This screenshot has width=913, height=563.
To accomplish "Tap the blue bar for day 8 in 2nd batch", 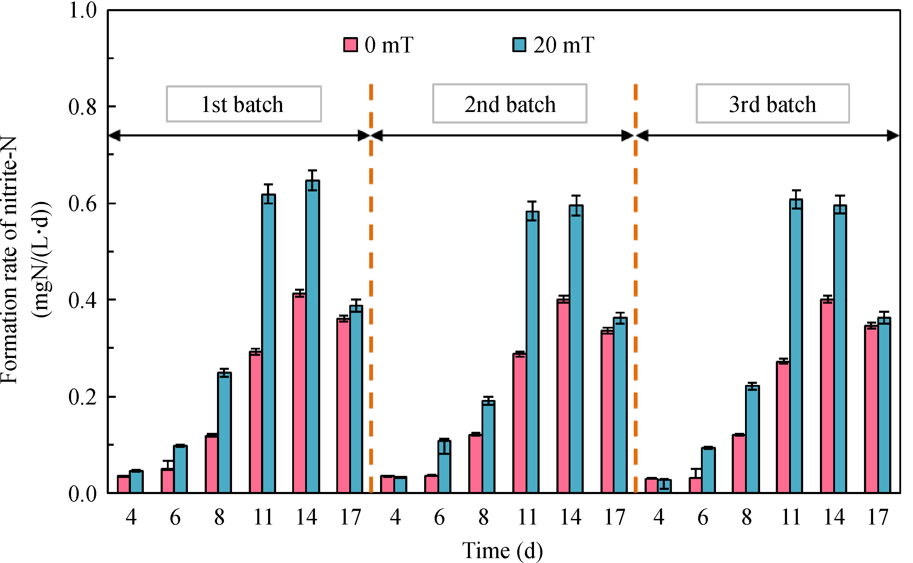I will click(488, 446).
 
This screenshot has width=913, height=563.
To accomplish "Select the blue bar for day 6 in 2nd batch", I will click(444, 466).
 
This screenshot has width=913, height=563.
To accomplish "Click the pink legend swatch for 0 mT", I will click(350, 45).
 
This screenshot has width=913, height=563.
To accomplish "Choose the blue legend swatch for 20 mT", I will click(519, 45).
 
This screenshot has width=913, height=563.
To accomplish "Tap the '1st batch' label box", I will click(244, 104).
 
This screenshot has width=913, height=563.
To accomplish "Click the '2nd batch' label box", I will click(510, 104).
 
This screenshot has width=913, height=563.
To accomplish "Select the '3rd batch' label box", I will click(772, 104).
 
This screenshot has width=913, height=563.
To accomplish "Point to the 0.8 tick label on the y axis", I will click(82, 106).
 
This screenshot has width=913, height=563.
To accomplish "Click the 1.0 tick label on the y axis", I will click(82, 10).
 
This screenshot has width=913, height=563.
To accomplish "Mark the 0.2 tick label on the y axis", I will click(82, 397).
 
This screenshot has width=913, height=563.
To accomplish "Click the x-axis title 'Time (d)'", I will click(502, 550).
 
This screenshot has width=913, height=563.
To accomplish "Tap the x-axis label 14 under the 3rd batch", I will click(834, 517).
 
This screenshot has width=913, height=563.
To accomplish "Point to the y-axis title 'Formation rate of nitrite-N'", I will click(9, 261).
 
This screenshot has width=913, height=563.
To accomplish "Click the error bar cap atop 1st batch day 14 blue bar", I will click(312, 170).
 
